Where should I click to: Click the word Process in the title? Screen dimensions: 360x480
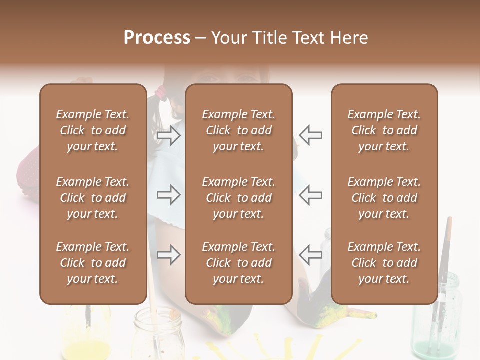[157, 37]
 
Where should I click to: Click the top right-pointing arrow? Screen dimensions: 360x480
[169, 135]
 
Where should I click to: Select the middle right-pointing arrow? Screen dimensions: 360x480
[169, 194]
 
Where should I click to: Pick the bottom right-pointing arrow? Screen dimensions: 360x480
[169, 255]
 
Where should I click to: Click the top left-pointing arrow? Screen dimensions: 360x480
[311, 135]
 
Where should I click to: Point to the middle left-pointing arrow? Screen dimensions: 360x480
[311, 194]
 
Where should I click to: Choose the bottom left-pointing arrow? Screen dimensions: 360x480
[311, 255]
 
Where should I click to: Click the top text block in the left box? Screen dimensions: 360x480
[93, 130]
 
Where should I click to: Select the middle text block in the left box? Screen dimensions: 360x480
[93, 198]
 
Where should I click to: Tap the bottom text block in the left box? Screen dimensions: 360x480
[93, 263]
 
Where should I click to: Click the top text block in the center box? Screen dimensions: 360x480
[239, 130]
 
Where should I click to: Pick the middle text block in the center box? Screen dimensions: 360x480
[239, 198]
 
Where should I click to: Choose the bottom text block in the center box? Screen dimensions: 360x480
[239, 263]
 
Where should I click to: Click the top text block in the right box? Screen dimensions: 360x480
[384, 130]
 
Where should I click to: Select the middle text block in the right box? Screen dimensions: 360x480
[384, 198]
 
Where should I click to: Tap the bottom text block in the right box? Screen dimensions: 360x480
[384, 263]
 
